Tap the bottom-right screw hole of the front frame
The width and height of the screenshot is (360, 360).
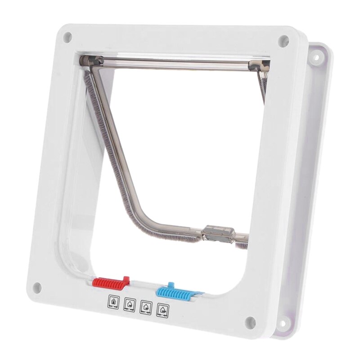[252, 321]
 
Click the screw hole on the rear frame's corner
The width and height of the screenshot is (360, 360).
[315, 58]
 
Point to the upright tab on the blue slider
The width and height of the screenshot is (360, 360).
[170, 285]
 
